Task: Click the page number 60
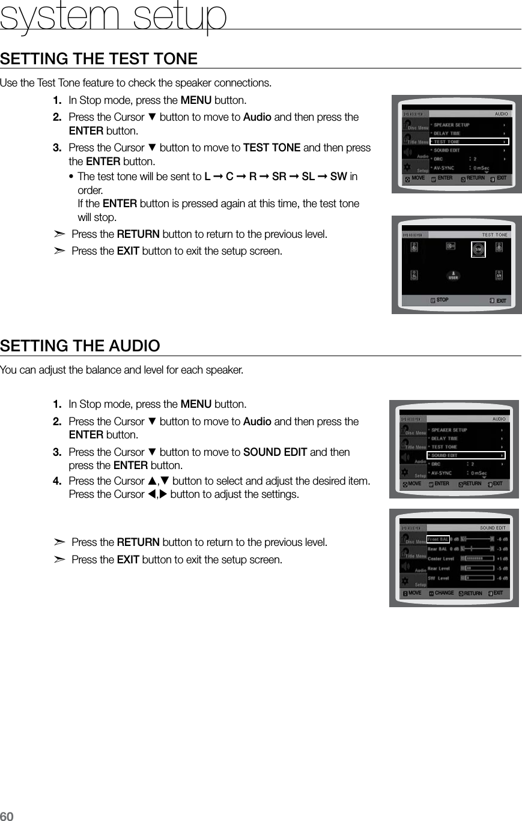(7, 815)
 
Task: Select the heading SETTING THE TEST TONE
(99, 59)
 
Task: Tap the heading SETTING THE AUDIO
(80, 346)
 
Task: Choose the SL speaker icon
(414, 274)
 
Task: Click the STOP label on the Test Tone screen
(442, 300)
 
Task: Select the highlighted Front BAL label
(438, 539)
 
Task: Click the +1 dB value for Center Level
(502, 558)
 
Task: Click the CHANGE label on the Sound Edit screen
(444, 593)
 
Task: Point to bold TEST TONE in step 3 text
(272, 148)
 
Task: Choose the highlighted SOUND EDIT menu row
(466, 455)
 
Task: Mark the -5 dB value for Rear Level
(502, 568)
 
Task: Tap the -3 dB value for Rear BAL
(502, 548)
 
